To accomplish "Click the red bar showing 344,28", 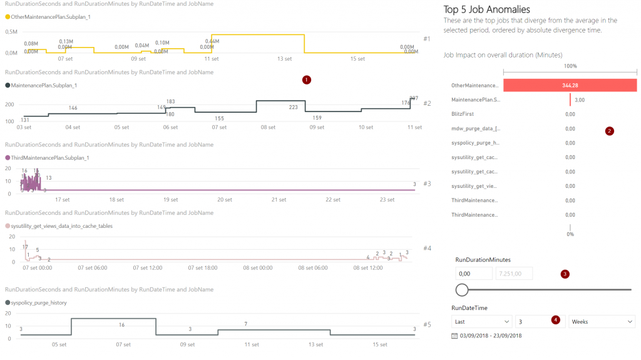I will [x=570, y=85].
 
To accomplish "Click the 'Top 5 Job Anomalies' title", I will [x=486, y=9].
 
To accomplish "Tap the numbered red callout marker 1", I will [x=306, y=80].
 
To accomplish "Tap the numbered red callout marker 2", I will [x=609, y=131].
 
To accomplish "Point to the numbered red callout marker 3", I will [x=565, y=274].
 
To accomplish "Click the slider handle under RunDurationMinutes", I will [x=462, y=289].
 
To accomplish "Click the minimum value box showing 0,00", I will [x=473, y=273].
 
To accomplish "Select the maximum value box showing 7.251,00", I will [x=513, y=273].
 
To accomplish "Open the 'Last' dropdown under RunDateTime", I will [x=481, y=321].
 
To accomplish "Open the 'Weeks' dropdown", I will [x=601, y=321].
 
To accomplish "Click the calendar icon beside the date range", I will [x=454, y=336].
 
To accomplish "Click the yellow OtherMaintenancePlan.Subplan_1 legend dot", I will [x=8, y=16].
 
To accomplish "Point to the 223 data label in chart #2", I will [x=293, y=107].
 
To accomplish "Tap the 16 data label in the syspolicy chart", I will [x=121, y=325].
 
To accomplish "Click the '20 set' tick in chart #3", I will [x=225, y=200].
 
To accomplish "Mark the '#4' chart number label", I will [x=427, y=249].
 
